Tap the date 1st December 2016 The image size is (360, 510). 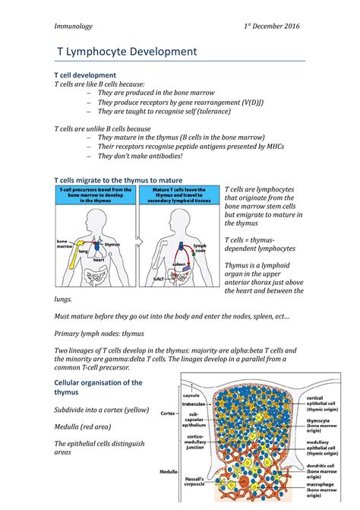[x=273, y=27]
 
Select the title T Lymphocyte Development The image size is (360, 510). [x=128, y=52]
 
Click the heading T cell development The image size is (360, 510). [x=84, y=75]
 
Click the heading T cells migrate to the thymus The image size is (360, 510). [x=119, y=179]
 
